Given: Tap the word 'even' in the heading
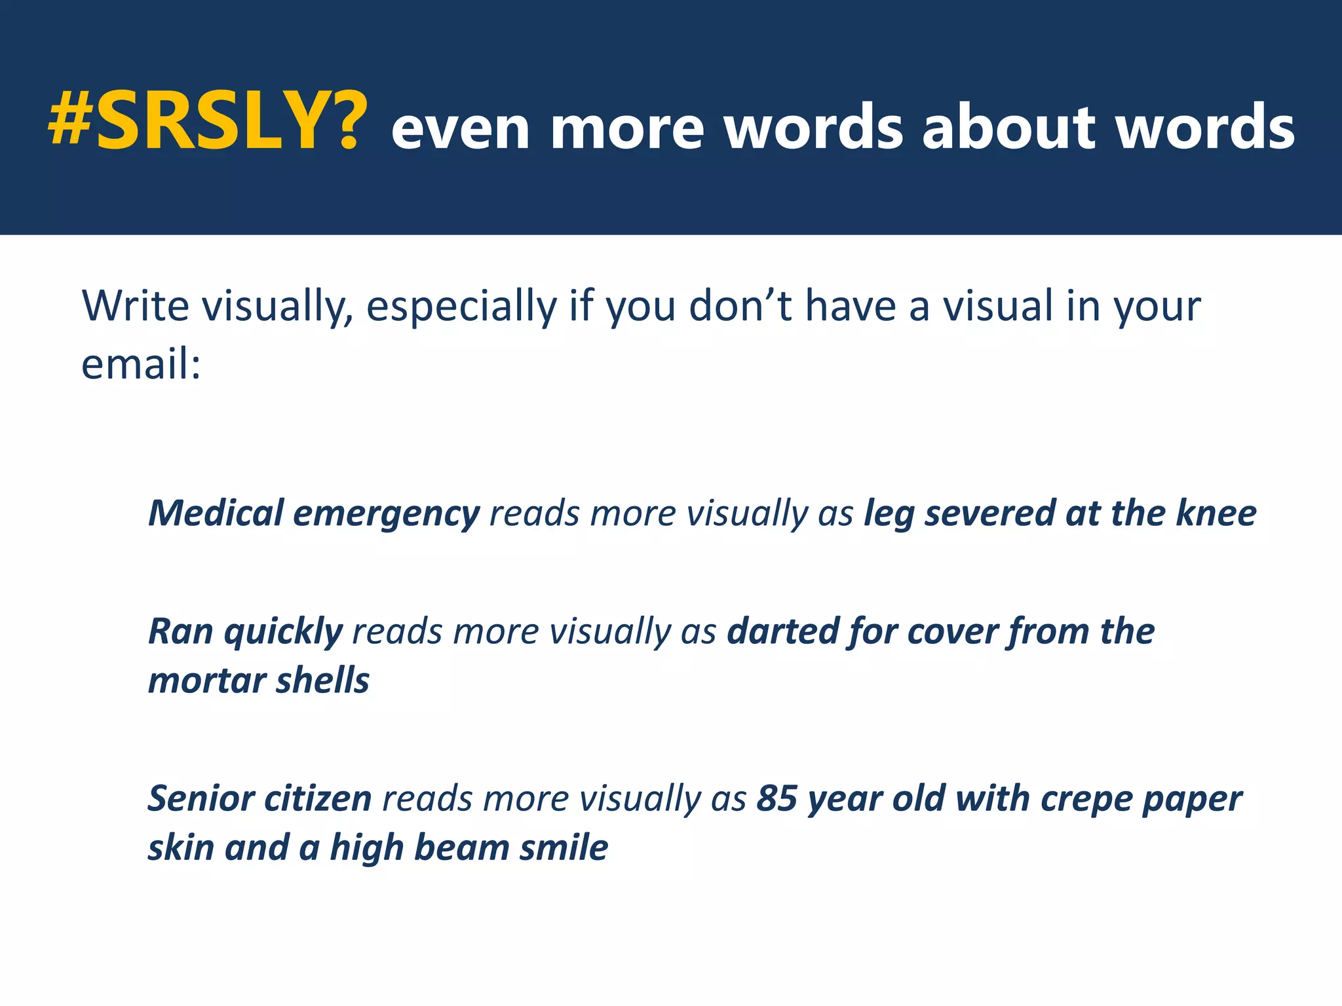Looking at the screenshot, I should tap(460, 129).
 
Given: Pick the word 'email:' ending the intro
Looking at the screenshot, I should tap(140, 364).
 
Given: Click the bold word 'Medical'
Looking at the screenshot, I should tap(216, 513).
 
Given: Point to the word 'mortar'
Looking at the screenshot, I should tap(207, 681).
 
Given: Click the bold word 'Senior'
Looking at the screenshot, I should tap(201, 799).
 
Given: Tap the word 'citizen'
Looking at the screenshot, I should tap(318, 799).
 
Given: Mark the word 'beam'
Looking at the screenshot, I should tap(461, 848).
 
